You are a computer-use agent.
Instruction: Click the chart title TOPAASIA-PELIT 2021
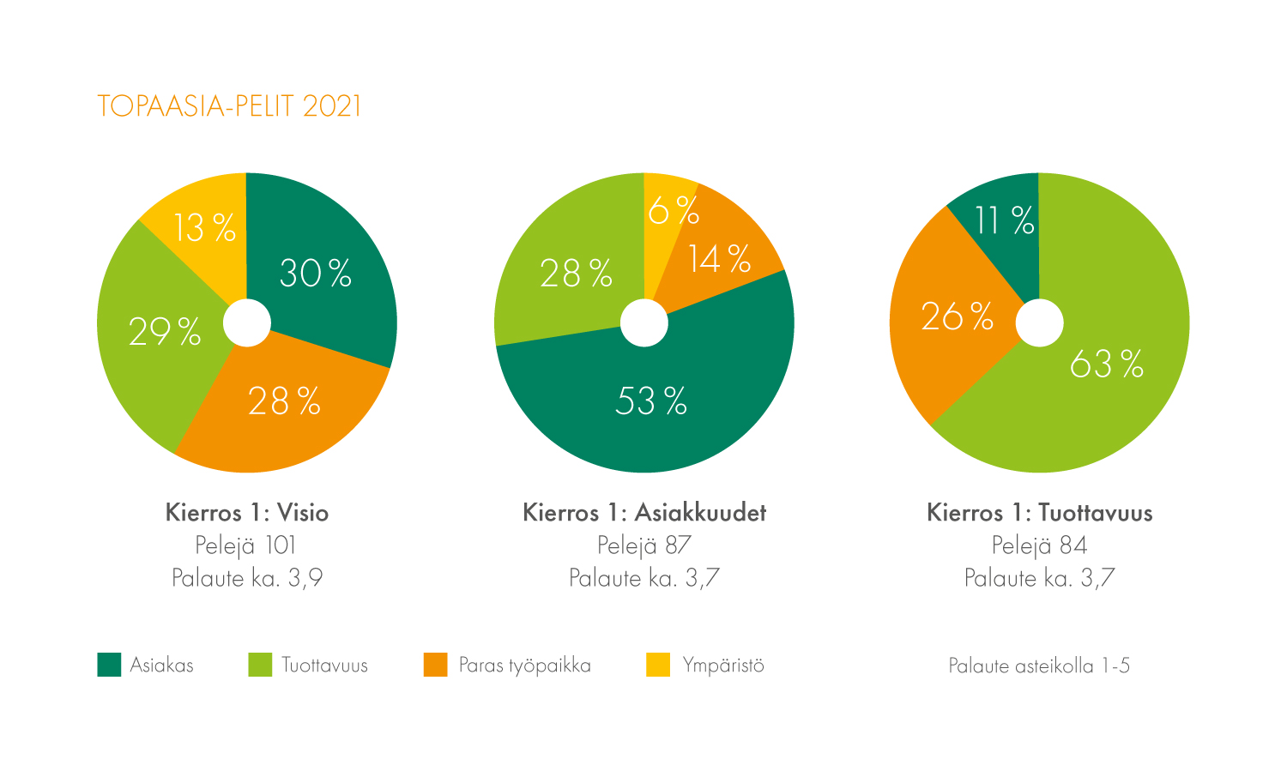[229, 106]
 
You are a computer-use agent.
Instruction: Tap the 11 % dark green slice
[1004, 221]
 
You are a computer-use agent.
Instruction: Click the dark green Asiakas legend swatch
[109, 665]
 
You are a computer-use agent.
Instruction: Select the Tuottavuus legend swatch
[260, 665]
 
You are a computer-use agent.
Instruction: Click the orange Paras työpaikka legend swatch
[436, 665]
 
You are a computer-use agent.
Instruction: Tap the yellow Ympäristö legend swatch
[658, 665]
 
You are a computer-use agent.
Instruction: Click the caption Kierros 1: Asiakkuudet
[644, 513]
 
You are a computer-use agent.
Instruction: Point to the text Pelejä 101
[246, 545]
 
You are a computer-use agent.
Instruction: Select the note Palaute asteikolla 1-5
[1039, 666]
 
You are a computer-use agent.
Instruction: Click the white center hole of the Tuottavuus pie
[1039, 323]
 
